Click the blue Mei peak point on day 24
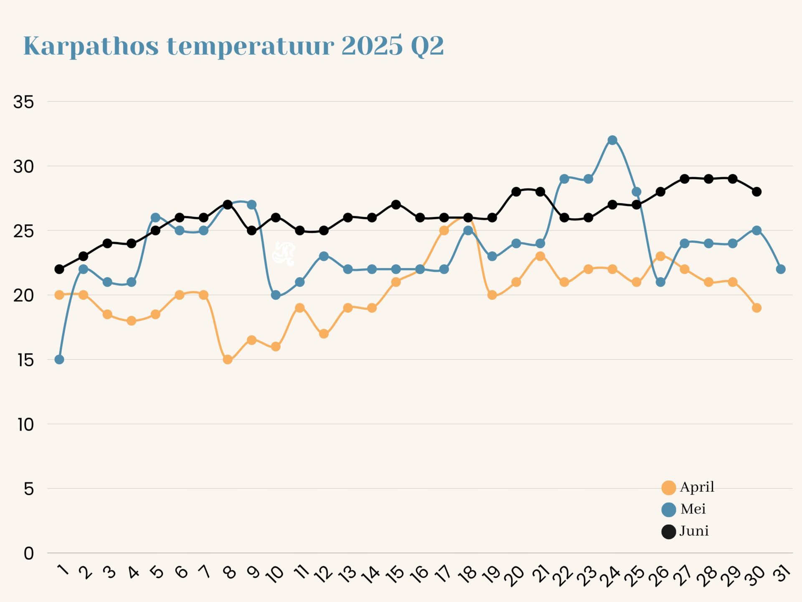tap(612, 140)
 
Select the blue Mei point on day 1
tap(59, 360)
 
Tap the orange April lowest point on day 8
tap(228, 360)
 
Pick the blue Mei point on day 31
tap(781, 269)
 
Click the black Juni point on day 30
tap(756, 192)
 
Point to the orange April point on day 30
tap(756, 308)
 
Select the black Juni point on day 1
tap(59, 269)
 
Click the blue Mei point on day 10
tap(276, 295)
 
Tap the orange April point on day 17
tap(444, 231)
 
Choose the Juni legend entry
tap(685, 532)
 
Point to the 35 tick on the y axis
tap(23, 102)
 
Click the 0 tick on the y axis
tap(28, 554)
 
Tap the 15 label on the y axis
tap(25, 360)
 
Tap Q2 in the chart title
tap(427, 46)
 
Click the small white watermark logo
tap(284, 253)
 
